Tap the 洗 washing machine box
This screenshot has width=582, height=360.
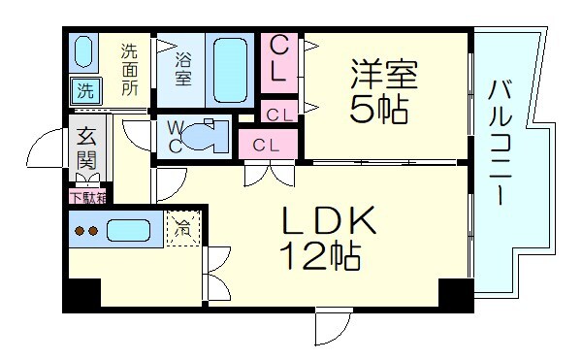click(85, 93)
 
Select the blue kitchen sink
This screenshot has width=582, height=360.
click(128, 231)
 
